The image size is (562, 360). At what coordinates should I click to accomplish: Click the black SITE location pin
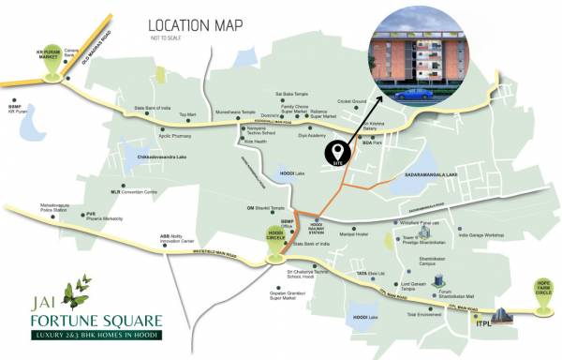pyautogui.click(x=335, y=151)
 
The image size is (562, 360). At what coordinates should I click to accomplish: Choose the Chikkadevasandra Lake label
pyautogui.click(x=169, y=156)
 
